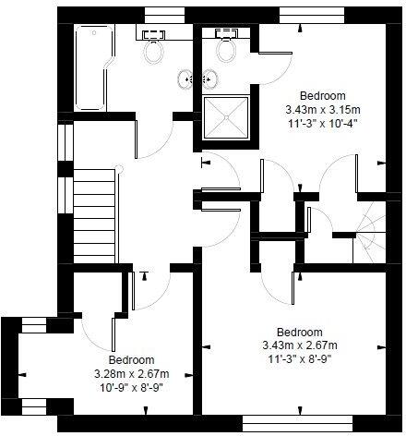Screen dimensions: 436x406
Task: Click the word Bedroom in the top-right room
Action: point(322,96)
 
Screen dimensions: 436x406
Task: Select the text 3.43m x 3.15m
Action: point(322,108)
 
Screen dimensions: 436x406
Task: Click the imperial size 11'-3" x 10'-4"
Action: point(322,121)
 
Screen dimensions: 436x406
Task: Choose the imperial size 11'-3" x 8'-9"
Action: point(300,358)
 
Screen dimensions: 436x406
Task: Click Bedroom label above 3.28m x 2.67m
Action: point(131,360)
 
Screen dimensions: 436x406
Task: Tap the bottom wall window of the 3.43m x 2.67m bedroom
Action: point(298,423)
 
